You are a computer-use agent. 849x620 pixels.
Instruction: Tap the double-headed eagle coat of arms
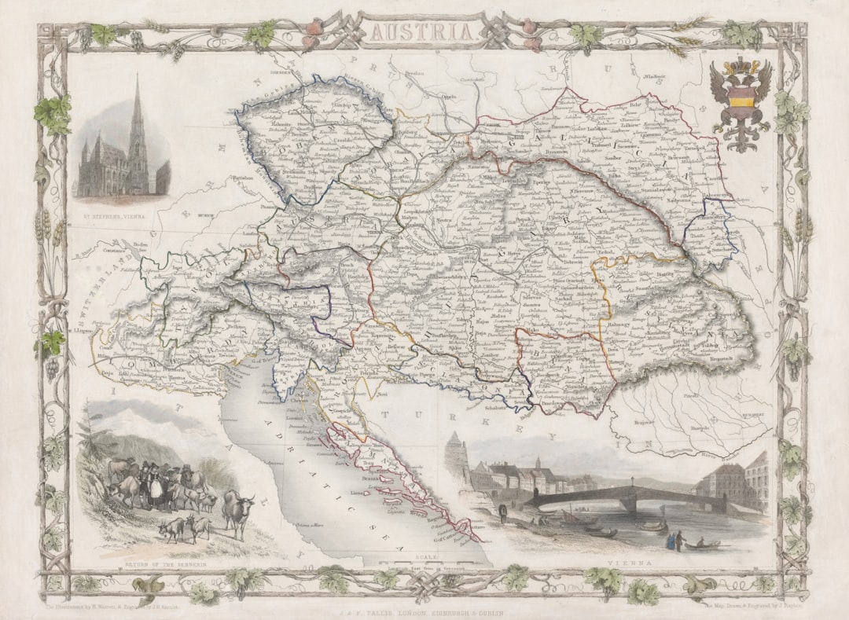740,102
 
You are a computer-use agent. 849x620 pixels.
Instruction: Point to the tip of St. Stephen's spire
137,77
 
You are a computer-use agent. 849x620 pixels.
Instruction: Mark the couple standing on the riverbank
673,541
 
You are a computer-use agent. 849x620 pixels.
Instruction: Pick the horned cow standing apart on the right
237,510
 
